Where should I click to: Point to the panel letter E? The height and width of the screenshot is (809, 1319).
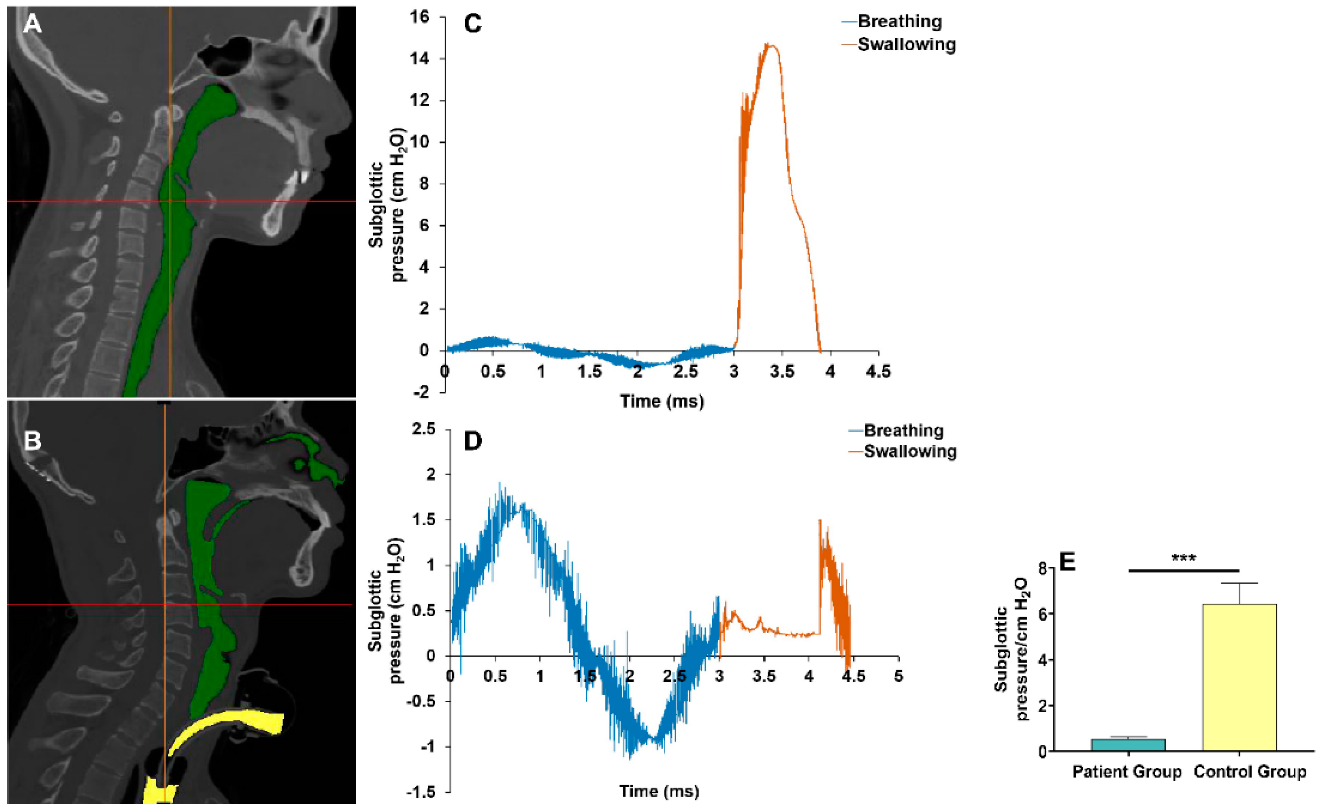click(1067, 563)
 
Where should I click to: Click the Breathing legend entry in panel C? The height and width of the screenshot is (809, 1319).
click(899, 22)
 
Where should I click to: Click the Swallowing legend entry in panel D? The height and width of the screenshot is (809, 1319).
click(910, 451)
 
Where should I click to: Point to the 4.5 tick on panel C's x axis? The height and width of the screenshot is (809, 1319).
click(878, 371)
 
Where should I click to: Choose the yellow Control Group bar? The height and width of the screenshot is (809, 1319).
click(1239, 677)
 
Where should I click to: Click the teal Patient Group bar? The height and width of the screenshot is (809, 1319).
click(1128, 745)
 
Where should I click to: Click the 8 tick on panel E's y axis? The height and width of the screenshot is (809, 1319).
click(1041, 568)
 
